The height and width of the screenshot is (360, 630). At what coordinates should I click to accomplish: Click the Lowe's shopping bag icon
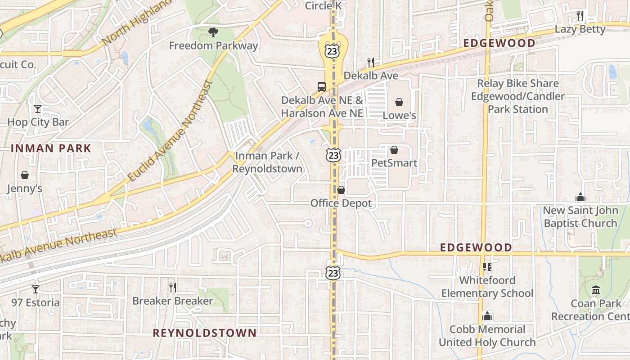pos(399,103)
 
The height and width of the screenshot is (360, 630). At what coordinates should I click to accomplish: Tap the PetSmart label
pos(394,163)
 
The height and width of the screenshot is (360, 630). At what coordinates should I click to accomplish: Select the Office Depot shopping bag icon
pos(341,190)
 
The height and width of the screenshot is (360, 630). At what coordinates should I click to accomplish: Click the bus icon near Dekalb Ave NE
pos(321,87)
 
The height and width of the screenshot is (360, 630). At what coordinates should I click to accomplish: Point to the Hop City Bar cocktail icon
pos(38,109)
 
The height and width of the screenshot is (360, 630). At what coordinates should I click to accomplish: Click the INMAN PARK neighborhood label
pos(51,148)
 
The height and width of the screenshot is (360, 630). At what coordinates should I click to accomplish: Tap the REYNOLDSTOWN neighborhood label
pos(204,333)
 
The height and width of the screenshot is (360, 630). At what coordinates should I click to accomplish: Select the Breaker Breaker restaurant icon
pos(172,287)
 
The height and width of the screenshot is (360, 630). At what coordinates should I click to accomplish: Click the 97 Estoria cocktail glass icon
pos(36,289)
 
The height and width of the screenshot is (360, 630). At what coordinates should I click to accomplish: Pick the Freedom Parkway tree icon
pos(213,32)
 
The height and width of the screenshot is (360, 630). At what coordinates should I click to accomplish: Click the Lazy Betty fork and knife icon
pos(580,16)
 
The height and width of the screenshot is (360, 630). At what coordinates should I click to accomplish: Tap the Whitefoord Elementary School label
pos(487,287)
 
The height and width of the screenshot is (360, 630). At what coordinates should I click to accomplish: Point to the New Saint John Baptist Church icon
pos(580,197)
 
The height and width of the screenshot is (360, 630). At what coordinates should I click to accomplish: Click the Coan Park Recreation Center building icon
pos(596,290)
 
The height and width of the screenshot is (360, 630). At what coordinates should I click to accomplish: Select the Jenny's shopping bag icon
pos(24,175)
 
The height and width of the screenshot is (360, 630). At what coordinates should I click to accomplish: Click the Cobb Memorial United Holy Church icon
pos(487,316)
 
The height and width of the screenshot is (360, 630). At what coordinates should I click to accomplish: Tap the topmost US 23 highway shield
pos(333,51)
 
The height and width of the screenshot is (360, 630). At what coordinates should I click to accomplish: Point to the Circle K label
pos(324,6)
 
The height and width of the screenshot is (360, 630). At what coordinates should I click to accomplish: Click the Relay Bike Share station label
pos(517,96)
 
